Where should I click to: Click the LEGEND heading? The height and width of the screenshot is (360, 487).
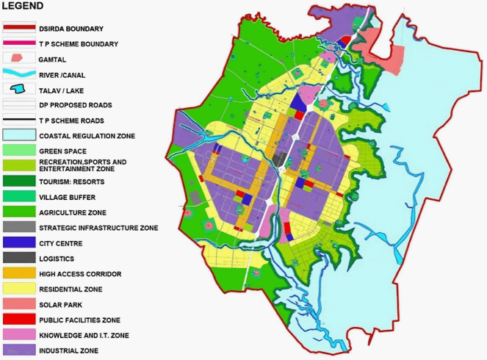coord(23,6)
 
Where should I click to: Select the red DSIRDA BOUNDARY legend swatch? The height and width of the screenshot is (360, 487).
coord(18,28)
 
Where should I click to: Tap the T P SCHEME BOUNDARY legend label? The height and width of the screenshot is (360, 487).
coord(79,44)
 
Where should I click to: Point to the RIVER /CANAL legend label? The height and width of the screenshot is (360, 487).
coord(64,74)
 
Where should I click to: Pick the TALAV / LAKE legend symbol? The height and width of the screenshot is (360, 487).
coord(18,89)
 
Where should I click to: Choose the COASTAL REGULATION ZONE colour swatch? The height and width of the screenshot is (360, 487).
coord(18,135)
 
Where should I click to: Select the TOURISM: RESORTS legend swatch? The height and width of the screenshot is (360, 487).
coord(18,181)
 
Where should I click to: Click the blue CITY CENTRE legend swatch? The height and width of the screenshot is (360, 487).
coord(18,243)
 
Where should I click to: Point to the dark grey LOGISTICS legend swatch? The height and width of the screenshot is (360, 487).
coord(18,259)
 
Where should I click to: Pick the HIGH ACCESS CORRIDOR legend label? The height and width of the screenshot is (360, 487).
coord(81,274)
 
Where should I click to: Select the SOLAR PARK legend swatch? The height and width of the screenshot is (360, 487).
coord(18,305)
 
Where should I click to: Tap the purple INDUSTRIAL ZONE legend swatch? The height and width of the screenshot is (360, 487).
coord(18,351)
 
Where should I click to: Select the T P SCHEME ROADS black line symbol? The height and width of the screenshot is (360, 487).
coord(18,120)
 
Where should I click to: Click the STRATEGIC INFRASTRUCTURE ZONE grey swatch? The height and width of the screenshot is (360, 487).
coord(18,228)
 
